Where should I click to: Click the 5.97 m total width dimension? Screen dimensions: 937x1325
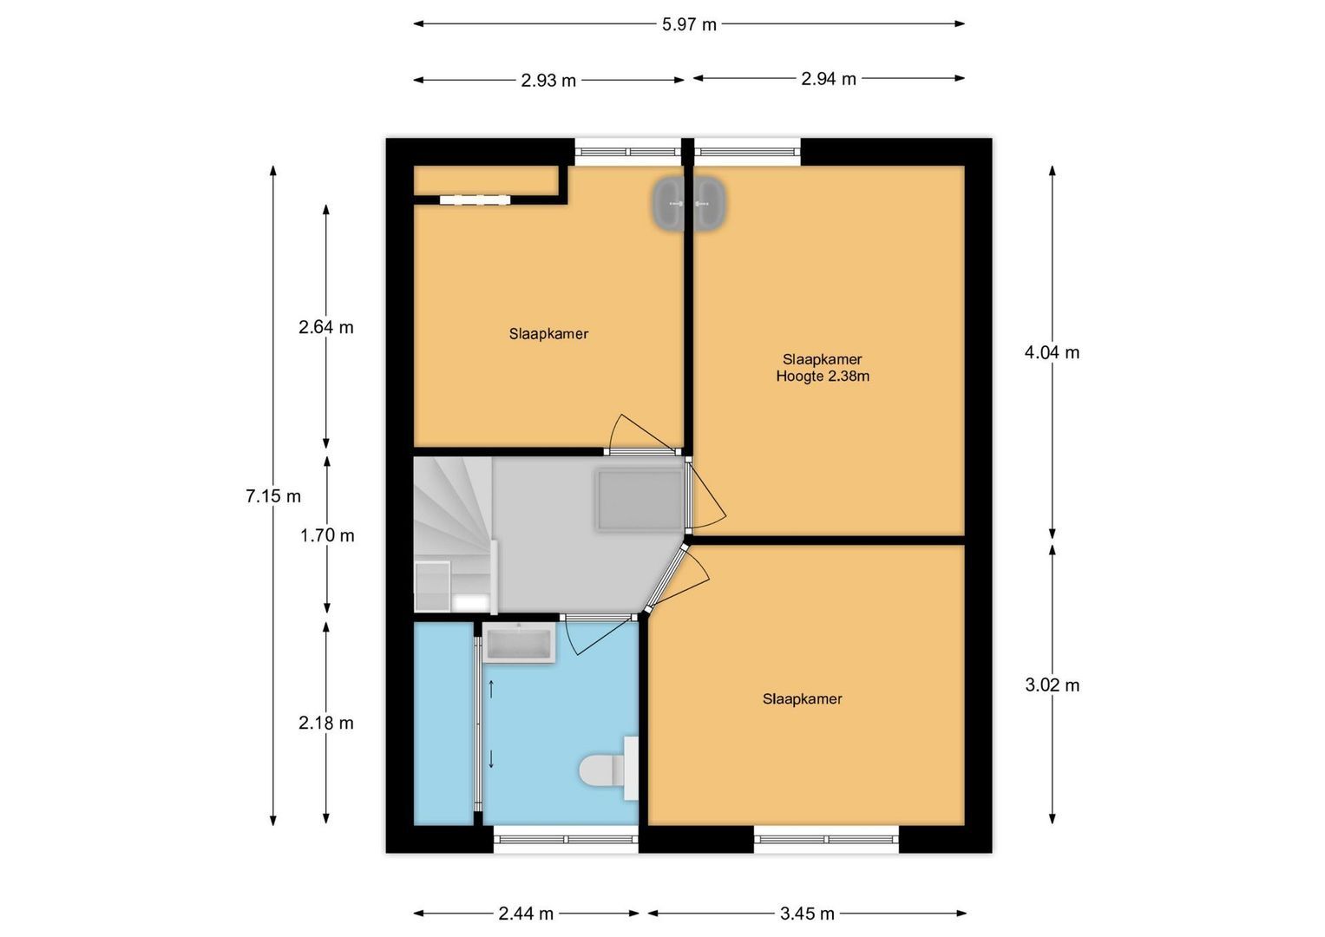[689, 24]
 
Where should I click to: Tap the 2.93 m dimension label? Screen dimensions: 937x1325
[548, 81]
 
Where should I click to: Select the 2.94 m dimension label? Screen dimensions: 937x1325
[829, 79]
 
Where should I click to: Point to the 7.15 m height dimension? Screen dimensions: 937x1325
[273, 496]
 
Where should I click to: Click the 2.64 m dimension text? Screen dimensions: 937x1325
[326, 327]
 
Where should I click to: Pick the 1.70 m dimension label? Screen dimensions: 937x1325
[327, 535]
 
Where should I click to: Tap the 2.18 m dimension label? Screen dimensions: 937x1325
[326, 723]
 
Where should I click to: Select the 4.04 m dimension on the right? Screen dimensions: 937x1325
[1052, 352]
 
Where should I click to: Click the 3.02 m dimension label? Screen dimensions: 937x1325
[1052, 685]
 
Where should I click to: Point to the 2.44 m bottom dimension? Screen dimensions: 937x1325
[526, 914]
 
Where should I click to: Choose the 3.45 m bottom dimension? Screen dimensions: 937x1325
[807, 914]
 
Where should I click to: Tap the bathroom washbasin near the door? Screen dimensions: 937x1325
[519, 643]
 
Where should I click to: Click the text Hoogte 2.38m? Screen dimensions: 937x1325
[823, 377]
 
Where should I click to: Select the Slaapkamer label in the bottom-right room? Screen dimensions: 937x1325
[802, 698]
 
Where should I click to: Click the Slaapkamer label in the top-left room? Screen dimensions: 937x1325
[548, 333]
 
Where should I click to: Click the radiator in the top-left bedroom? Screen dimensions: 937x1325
[475, 200]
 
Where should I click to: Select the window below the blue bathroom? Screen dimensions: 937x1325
[566, 838]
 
